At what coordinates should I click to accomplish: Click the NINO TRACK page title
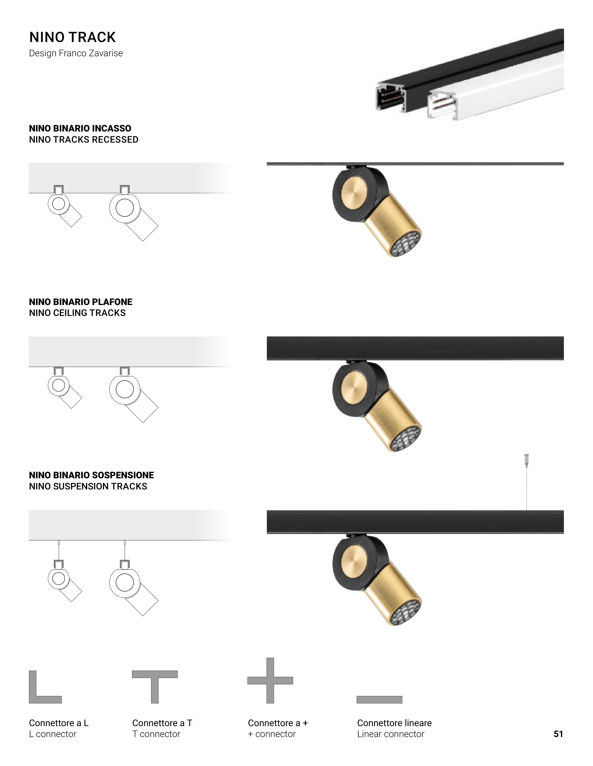point(72,37)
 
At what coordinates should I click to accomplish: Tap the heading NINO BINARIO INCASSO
point(80,128)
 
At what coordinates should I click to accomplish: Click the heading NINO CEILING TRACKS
point(77,313)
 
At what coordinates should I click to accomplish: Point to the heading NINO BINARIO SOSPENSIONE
point(91,475)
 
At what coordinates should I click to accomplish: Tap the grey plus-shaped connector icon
point(270,680)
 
